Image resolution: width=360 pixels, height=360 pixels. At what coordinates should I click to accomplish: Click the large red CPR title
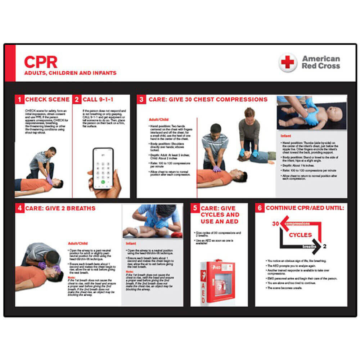(x=40, y=62)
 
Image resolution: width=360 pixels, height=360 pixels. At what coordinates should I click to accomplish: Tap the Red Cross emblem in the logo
(x=288, y=62)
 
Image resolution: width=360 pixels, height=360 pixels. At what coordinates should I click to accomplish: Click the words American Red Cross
(x=320, y=62)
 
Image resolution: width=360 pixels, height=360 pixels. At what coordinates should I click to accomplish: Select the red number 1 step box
(x=19, y=99)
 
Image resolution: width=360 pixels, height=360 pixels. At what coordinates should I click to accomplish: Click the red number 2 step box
(x=77, y=99)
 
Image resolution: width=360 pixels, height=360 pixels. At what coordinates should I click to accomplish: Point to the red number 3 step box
(x=141, y=100)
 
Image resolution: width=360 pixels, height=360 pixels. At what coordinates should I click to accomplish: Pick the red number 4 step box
(x=19, y=208)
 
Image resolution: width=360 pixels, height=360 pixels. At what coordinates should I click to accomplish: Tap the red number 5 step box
(x=195, y=208)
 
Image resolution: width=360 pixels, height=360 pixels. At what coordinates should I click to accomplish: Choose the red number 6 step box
(x=260, y=208)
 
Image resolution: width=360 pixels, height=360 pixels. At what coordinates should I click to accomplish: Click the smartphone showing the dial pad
(x=103, y=167)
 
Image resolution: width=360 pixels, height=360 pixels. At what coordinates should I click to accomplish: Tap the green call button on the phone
(x=103, y=182)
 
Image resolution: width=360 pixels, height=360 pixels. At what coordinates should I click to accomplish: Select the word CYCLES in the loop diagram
(x=300, y=235)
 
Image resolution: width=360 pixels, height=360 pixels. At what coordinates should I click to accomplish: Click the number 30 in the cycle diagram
(x=275, y=224)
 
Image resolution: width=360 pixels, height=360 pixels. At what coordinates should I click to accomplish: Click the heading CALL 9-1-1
(x=98, y=99)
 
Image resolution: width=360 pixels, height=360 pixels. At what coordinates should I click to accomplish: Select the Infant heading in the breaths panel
(x=131, y=243)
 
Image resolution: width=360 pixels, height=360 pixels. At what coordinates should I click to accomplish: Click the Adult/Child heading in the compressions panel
(x=158, y=120)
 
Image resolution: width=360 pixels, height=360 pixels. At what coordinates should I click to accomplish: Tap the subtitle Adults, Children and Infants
(x=70, y=73)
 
